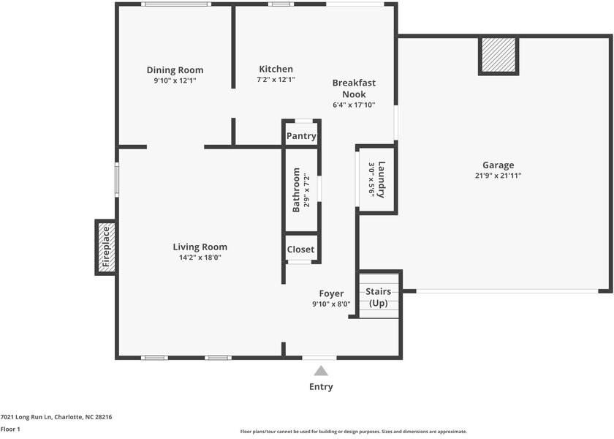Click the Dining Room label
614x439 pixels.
(x=175, y=70)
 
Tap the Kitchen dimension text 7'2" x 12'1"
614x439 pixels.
(x=276, y=80)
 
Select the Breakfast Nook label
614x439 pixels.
(x=354, y=89)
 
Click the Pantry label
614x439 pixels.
(x=301, y=136)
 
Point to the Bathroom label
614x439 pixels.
(x=296, y=190)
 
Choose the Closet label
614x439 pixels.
(x=300, y=249)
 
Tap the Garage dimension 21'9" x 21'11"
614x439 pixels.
(x=498, y=176)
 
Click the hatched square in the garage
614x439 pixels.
(x=499, y=56)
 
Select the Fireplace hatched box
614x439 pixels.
(x=106, y=247)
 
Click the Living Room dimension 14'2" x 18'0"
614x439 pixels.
(x=200, y=258)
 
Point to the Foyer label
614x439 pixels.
(x=331, y=293)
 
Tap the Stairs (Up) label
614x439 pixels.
(x=379, y=297)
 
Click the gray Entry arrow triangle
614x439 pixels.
(x=321, y=371)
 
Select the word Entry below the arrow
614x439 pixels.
(x=321, y=387)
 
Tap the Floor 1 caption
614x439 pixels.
(x=10, y=429)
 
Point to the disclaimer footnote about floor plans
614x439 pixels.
(x=354, y=432)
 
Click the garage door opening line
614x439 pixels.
(x=507, y=291)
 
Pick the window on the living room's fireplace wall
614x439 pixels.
(x=117, y=179)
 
